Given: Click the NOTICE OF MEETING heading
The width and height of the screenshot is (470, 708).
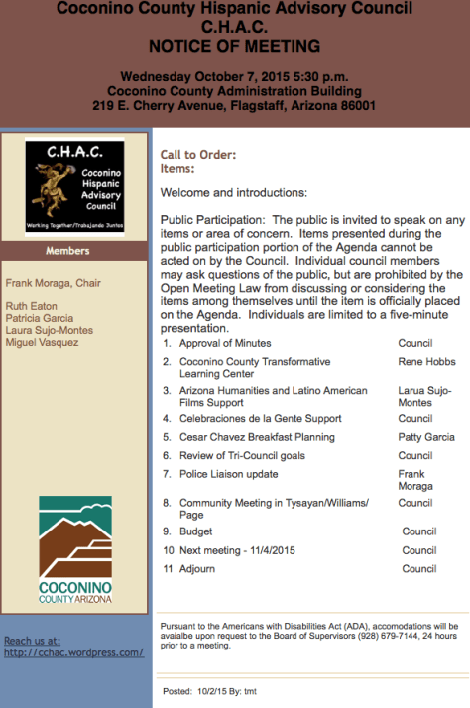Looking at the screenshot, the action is [x=234, y=46].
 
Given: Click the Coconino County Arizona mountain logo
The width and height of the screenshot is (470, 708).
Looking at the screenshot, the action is [x=75, y=549].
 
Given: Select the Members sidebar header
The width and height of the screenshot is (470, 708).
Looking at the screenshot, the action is [x=75, y=251].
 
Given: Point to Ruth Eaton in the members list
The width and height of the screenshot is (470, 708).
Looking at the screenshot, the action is [x=32, y=307].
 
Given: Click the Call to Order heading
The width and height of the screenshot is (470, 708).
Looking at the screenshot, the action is [x=198, y=155].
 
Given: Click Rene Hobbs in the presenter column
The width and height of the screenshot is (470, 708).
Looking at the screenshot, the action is [x=426, y=362].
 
